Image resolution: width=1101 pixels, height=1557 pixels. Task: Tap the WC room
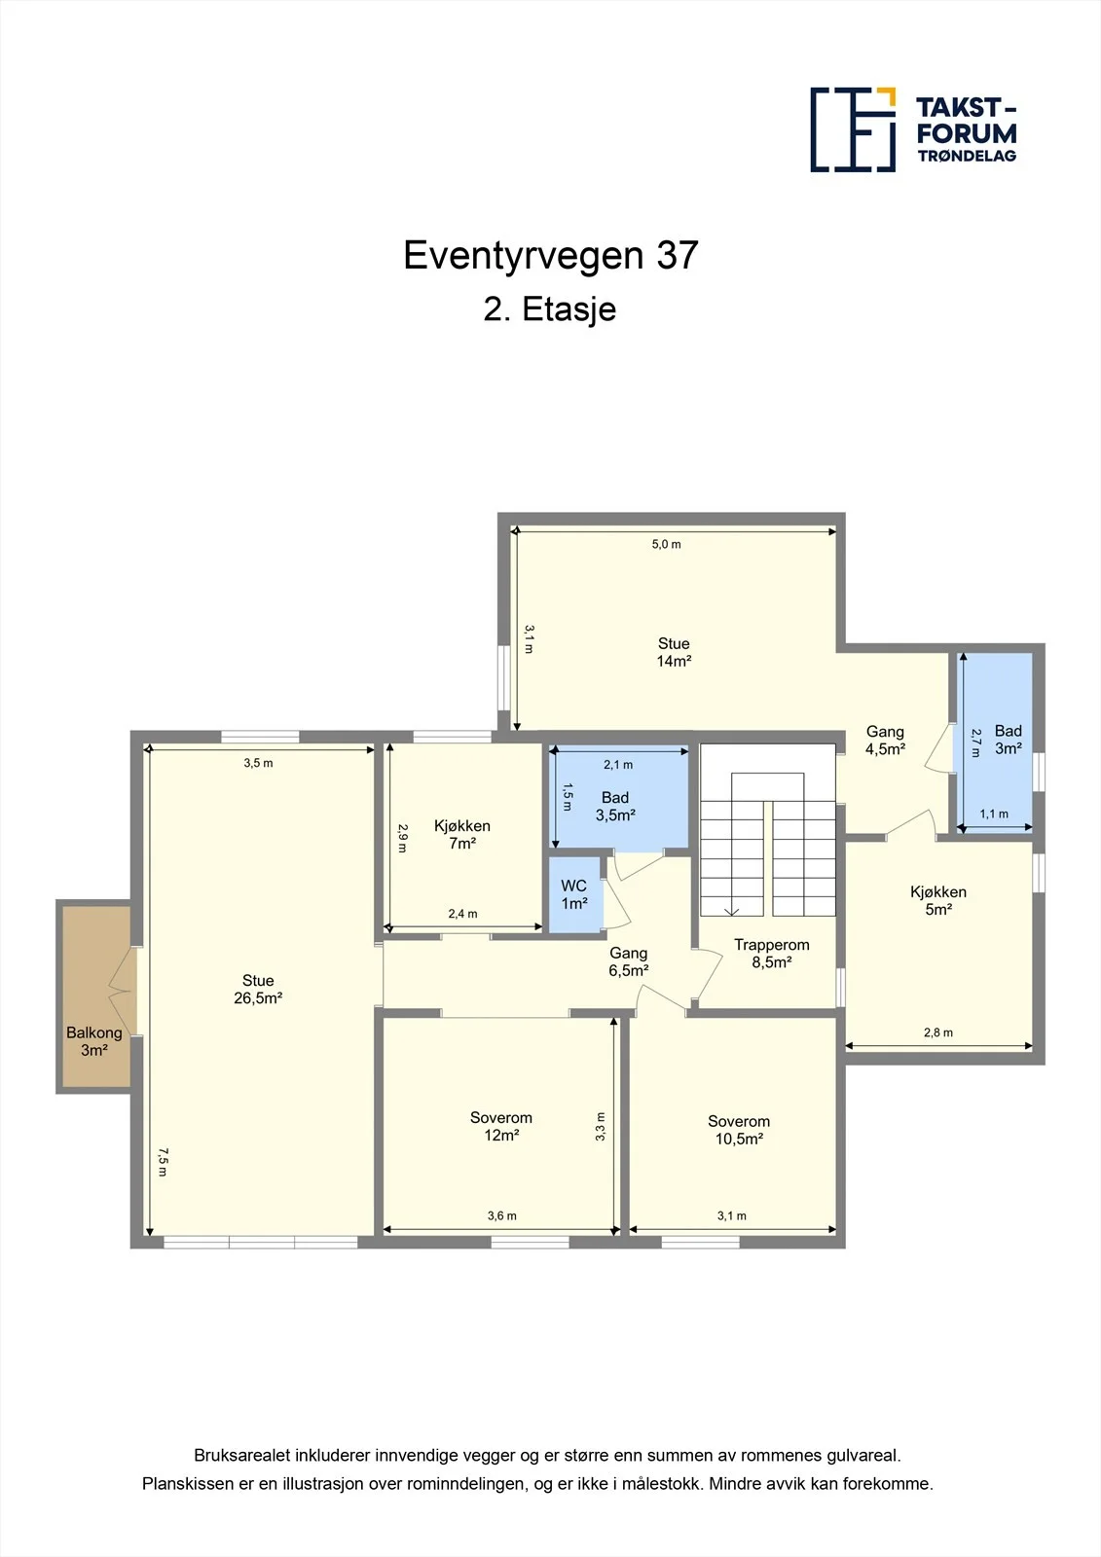tap(574, 894)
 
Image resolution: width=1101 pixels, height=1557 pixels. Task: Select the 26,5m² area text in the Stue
tap(258, 998)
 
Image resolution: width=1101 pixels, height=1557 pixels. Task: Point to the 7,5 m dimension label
tap(162, 1162)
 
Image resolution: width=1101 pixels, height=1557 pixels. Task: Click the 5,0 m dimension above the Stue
tap(666, 544)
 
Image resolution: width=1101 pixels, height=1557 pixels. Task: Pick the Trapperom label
tap(771, 945)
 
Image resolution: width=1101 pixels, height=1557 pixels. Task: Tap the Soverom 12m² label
tap(500, 1126)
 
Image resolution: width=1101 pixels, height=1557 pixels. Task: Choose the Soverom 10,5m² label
tap(739, 1130)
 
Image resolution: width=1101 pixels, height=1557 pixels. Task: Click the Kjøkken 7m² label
tap(462, 834)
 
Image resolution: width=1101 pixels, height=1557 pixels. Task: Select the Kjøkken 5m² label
tap(938, 900)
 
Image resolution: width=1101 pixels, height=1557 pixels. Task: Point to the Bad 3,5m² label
tap(615, 807)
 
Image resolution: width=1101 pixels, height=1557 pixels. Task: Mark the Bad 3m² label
tap(1009, 740)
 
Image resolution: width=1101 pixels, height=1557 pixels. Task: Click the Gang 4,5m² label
tap(886, 741)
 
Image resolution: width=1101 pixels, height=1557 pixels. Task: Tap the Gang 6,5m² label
tap(629, 962)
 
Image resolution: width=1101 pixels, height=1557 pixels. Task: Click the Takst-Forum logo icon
tap(853, 129)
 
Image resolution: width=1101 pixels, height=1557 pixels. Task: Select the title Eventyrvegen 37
tap(551, 255)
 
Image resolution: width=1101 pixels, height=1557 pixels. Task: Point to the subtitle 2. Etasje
tap(550, 309)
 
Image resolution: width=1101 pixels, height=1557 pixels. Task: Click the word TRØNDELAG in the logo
tap(967, 156)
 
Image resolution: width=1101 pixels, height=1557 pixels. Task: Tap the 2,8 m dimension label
tap(938, 1032)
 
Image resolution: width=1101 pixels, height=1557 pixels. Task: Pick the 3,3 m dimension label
tap(600, 1127)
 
